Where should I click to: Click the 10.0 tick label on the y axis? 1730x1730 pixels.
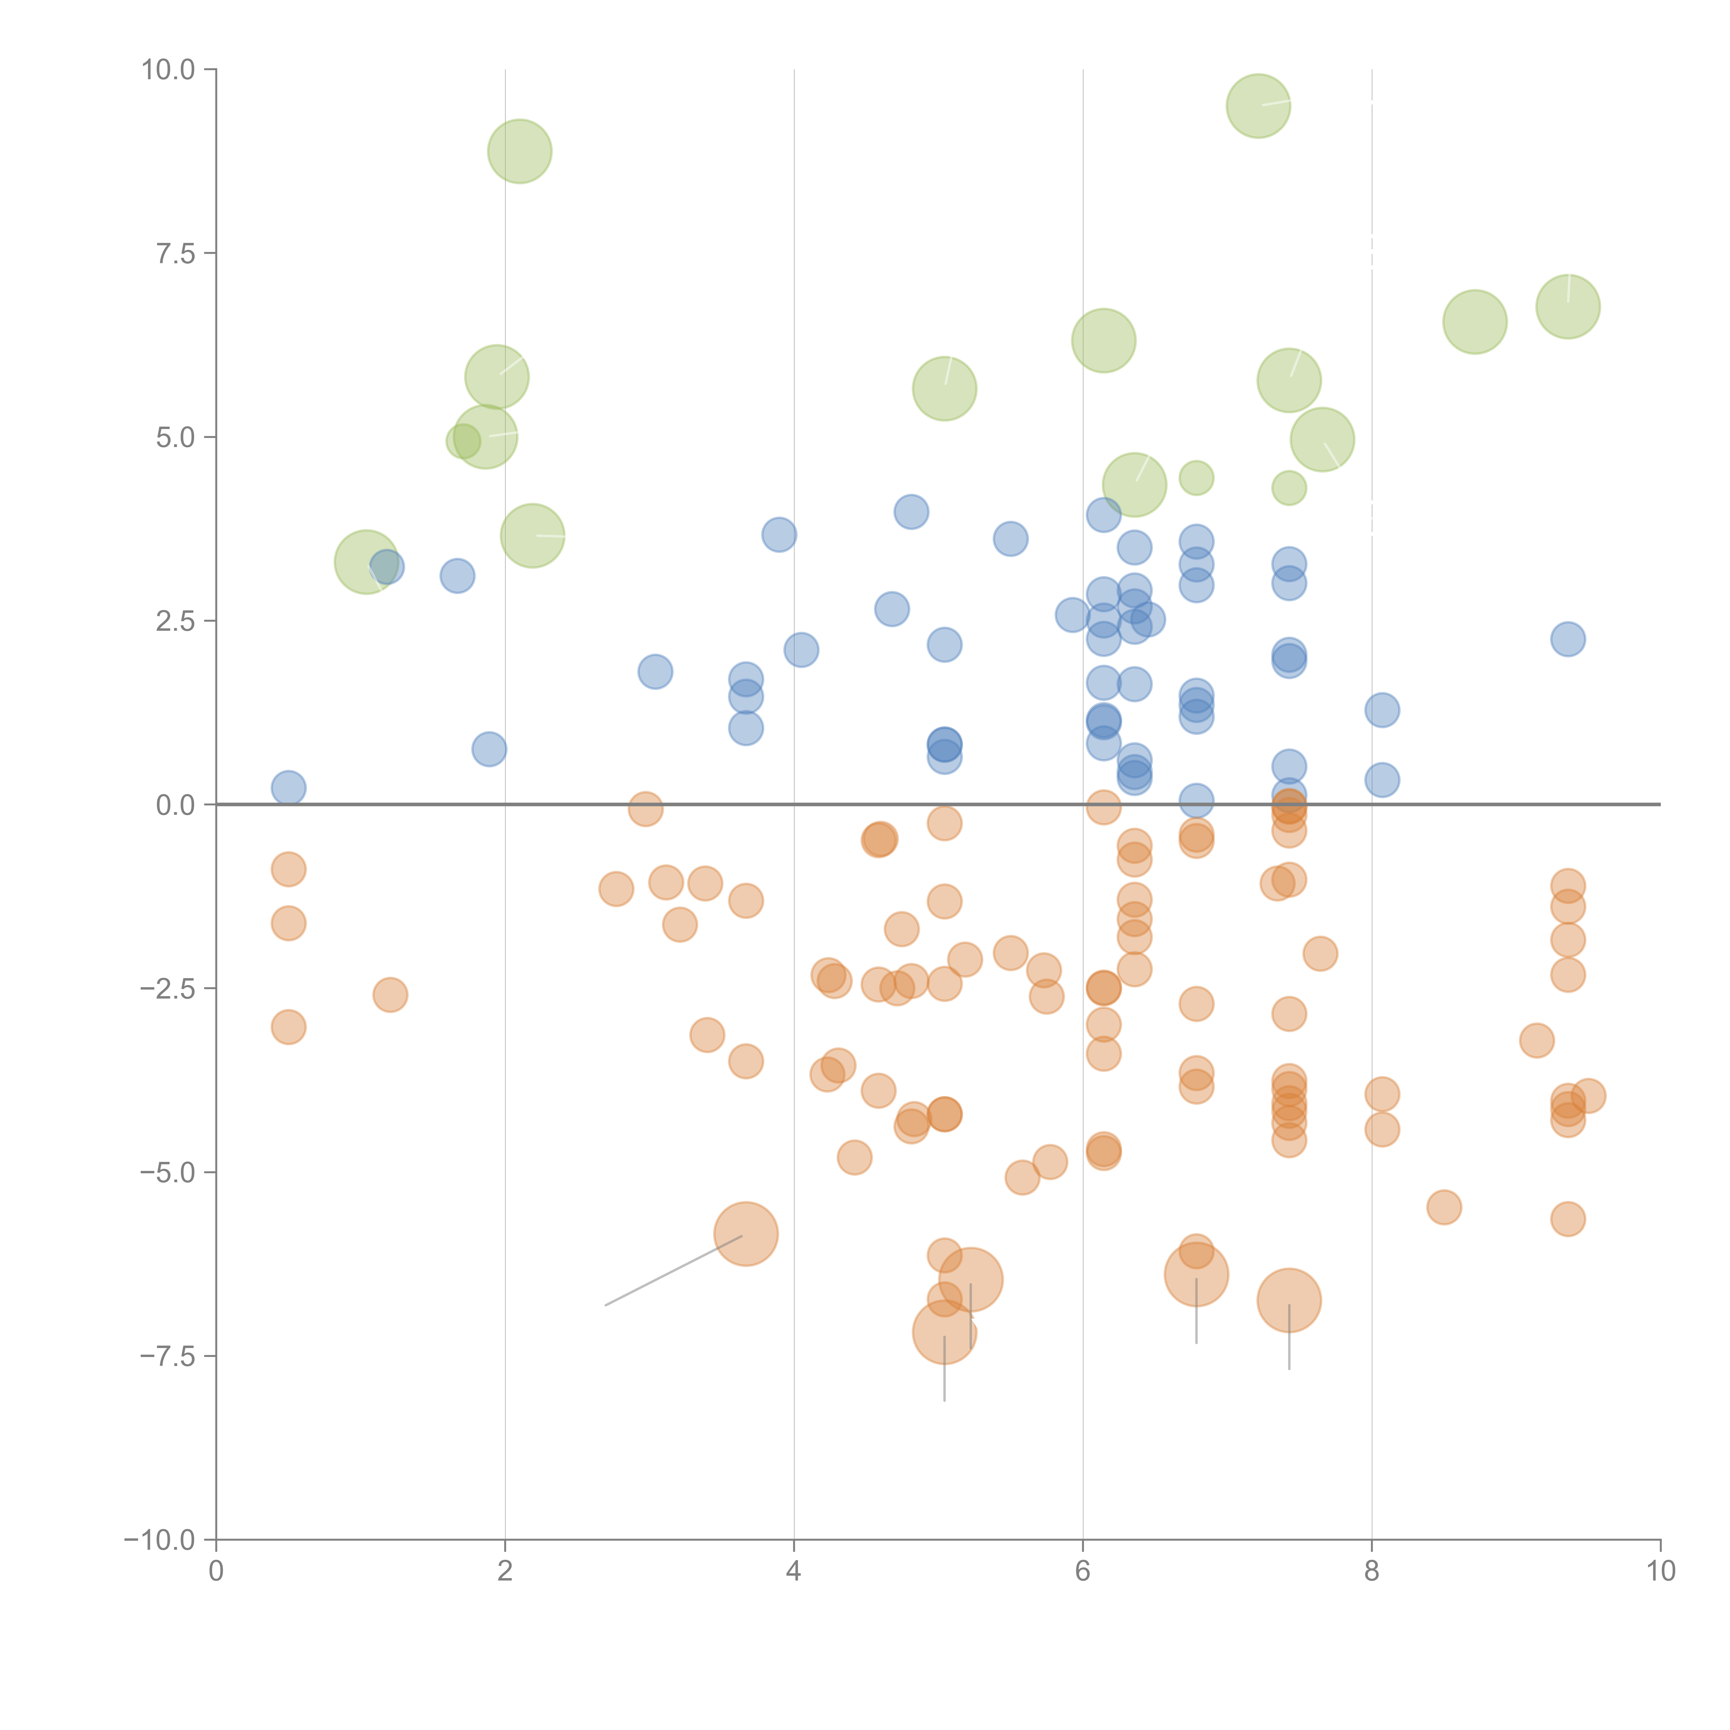coord(169,70)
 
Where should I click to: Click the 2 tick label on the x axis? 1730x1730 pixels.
coord(505,1572)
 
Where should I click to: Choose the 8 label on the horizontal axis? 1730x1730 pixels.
coord(1372,1572)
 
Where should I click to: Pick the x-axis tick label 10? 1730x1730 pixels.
coord(1660,1572)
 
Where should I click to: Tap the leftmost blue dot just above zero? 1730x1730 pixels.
coord(288,788)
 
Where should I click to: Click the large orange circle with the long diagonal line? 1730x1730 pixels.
coord(746,1234)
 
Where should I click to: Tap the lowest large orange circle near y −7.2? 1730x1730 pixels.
coord(945,1332)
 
